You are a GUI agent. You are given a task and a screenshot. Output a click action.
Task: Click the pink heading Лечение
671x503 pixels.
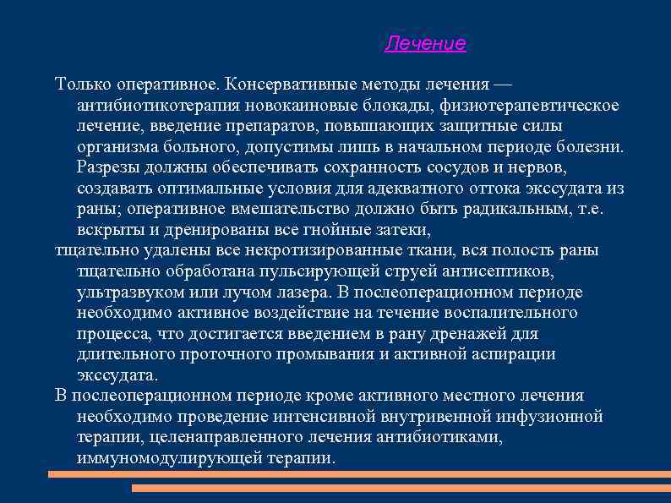425,44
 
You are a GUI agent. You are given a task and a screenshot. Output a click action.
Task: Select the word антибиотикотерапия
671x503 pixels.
159,106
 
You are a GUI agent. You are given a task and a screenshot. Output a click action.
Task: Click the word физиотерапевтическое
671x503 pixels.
527,106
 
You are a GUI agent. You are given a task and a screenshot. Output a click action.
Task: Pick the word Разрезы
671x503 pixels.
106,167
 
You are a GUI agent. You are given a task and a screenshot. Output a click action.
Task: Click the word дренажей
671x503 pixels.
475,333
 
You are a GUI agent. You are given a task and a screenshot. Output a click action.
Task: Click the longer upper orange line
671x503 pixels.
359,474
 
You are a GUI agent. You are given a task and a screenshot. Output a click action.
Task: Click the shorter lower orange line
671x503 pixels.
401,488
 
